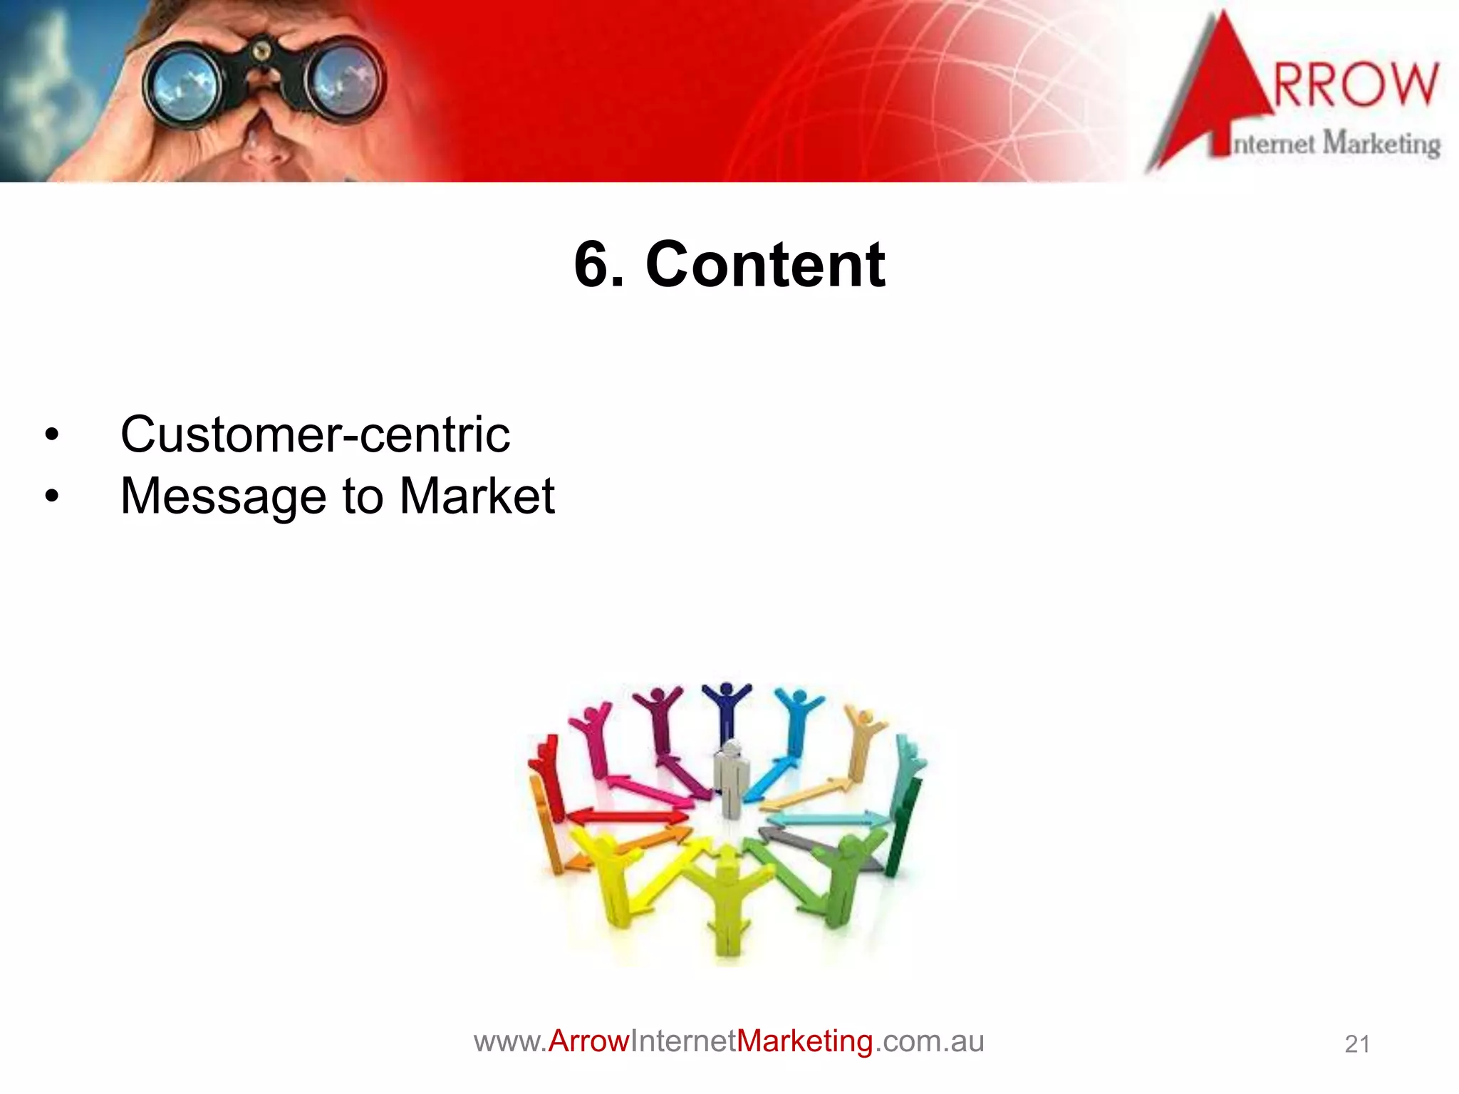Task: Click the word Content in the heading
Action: [x=765, y=265]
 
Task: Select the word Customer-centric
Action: [x=315, y=434]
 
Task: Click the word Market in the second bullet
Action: [x=477, y=496]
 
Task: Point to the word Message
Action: [x=223, y=497]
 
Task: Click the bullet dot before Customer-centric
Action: [x=51, y=435]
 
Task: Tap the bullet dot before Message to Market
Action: [x=51, y=496]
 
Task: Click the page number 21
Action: [x=1357, y=1044]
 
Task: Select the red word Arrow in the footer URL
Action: [x=589, y=1041]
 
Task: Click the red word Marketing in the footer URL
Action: [x=804, y=1041]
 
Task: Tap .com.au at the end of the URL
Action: [x=929, y=1041]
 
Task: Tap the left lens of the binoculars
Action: [x=184, y=84]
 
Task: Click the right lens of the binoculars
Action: [x=344, y=84]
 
